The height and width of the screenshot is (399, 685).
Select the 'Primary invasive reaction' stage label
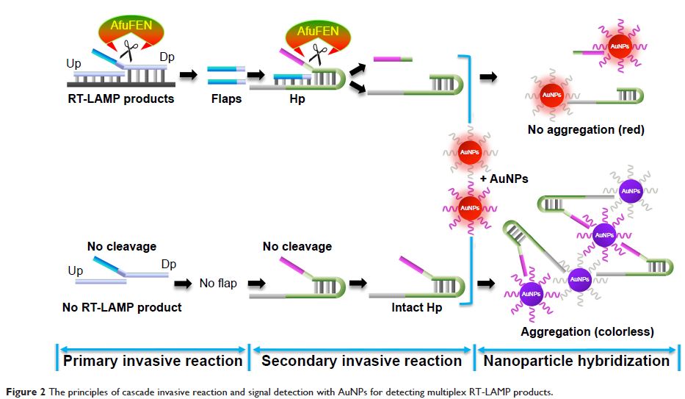[153, 361]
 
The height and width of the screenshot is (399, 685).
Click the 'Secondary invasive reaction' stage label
[362, 361]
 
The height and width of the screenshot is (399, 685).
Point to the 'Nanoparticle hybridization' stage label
[576, 361]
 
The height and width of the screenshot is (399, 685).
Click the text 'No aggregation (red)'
[586, 130]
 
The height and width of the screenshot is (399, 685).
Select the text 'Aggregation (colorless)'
[587, 331]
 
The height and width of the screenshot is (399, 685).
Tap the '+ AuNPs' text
[505, 179]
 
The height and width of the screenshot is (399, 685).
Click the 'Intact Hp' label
[416, 308]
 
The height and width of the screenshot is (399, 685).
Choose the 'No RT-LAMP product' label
[122, 307]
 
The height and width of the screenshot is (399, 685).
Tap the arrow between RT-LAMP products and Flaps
[188, 75]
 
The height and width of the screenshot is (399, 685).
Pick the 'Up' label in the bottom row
[76, 271]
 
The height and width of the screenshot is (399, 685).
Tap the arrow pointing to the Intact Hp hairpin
[359, 283]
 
